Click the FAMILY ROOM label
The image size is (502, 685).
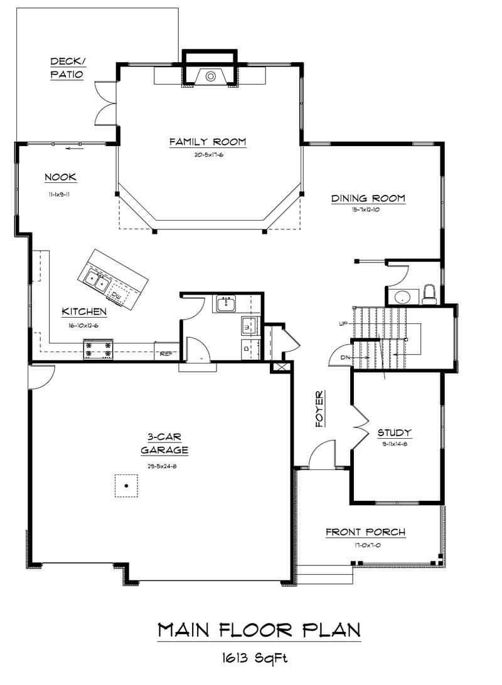coord(207,142)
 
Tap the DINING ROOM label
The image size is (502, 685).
coord(368,199)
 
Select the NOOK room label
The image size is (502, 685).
coord(60,177)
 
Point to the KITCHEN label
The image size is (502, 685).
coord(83,311)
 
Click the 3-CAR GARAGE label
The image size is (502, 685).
coord(164,443)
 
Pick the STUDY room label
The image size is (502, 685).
coord(394,432)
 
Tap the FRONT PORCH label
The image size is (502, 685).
coord(365,532)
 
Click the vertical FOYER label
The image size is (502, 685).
coord(320,409)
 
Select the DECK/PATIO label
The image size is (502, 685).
coord(67,68)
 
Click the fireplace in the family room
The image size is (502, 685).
coord(211,76)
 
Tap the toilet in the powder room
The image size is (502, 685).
coord(429,293)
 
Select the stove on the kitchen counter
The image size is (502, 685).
coord(99,349)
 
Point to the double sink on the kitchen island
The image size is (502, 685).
coord(96,279)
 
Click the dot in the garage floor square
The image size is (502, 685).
coord(126,486)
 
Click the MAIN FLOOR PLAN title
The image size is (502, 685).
coord(259,629)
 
